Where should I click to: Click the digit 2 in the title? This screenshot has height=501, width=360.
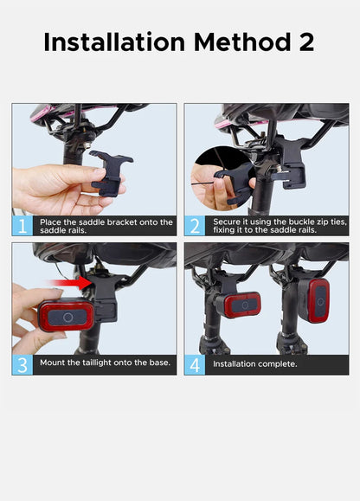pyautogui.click(x=306, y=42)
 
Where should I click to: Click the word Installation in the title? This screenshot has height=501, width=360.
pyautogui.click(x=114, y=42)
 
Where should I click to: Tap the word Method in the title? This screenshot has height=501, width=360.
pyautogui.click(x=242, y=42)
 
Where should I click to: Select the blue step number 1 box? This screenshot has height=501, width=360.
pyautogui.click(x=22, y=226)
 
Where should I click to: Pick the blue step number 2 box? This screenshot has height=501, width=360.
pyautogui.click(x=195, y=226)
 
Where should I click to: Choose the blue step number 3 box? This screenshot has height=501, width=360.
pyautogui.click(x=22, y=365)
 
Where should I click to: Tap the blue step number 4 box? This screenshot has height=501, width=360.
pyautogui.click(x=195, y=365)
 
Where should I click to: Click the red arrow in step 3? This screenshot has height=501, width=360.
pyautogui.click(x=69, y=283)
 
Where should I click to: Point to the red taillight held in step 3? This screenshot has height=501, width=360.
pyautogui.click(x=67, y=316)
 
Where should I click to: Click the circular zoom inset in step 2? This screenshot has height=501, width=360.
pyautogui.click(x=223, y=179)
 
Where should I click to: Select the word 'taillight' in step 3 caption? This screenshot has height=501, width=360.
pyautogui.click(x=96, y=363)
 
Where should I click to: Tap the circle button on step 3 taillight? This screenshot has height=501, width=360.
pyautogui.click(x=67, y=318)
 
